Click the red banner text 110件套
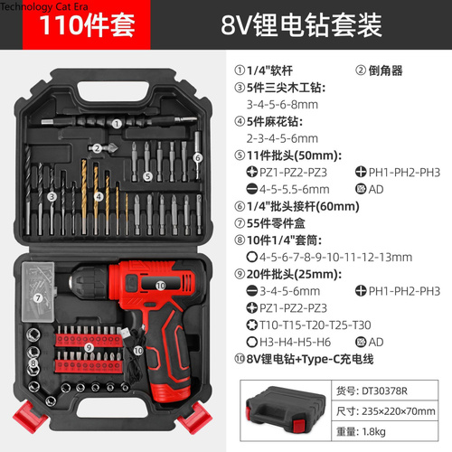tap(87, 25)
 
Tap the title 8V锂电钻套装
tap(301, 25)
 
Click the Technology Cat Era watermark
tap(44, 6)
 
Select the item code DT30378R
tap(384, 391)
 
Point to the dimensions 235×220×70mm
tap(399, 411)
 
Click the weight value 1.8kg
tap(373, 431)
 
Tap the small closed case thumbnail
tap(286, 410)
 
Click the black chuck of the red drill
tap(89, 283)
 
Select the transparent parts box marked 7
tap(38, 292)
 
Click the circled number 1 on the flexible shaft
tap(117, 124)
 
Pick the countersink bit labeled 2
tap(103, 148)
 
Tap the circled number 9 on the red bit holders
tap(89, 348)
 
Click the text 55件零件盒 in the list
tap(276, 223)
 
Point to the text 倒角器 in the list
tap(385, 71)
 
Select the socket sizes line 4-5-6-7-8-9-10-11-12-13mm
tap(335, 258)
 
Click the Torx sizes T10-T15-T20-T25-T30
tap(315, 325)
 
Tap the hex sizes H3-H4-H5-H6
tap(295, 342)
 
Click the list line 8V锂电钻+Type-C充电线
tap(310, 359)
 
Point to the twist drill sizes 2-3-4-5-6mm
tap(282, 138)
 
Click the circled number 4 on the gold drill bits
tap(99, 197)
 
